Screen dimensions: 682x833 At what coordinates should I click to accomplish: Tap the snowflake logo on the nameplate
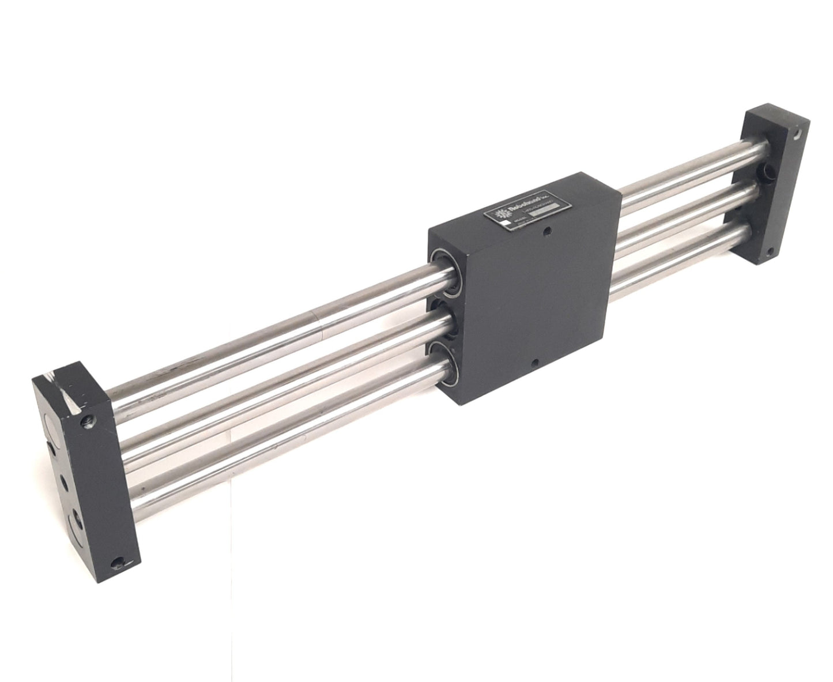point(496,215)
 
